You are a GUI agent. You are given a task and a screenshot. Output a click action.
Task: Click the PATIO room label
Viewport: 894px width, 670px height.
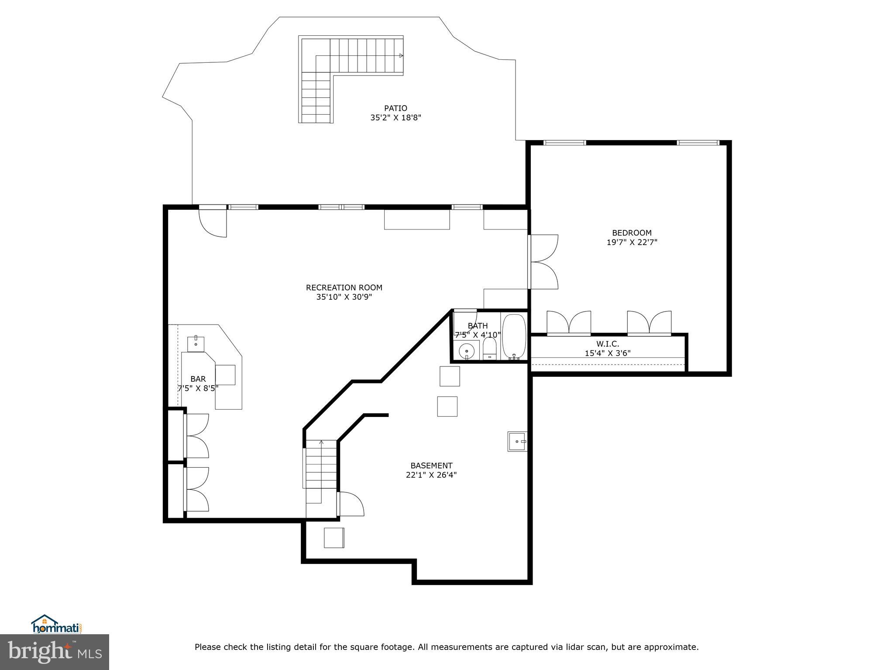click(x=395, y=108)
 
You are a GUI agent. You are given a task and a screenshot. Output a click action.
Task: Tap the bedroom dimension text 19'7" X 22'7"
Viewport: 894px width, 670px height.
click(x=632, y=243)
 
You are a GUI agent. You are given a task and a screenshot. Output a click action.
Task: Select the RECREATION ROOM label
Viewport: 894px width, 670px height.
click(x=344, y=287)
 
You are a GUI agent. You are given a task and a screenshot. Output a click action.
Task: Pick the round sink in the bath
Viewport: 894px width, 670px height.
click(x=467, y=350)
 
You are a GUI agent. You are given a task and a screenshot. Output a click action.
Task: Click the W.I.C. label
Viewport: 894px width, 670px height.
click(x=608, y=344)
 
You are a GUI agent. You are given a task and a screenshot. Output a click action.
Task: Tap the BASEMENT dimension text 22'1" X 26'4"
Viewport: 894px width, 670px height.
click(x=431, y=475)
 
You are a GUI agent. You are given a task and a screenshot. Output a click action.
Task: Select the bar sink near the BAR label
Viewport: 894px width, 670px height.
click(x=196, y=343)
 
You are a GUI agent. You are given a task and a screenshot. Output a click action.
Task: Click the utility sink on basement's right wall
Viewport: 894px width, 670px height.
click(x=517, y=441)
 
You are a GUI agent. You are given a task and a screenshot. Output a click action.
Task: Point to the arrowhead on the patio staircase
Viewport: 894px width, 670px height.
click(x=401, y=56)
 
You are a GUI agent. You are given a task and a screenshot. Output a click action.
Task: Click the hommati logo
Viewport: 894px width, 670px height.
click(x=56, y=625)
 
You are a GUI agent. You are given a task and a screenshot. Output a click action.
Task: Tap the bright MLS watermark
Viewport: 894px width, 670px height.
click(x=55, y=652)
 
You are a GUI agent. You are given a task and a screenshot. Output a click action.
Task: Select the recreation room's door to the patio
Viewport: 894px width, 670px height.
click(x=213, y=222)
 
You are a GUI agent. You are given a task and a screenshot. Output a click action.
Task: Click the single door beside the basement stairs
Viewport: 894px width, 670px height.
click(x=351, y=504)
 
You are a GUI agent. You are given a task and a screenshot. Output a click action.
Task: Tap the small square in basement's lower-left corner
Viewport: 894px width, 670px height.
click(x=334, y=537)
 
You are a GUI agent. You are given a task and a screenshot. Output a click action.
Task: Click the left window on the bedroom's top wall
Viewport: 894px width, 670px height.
click(x=564, y=143)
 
